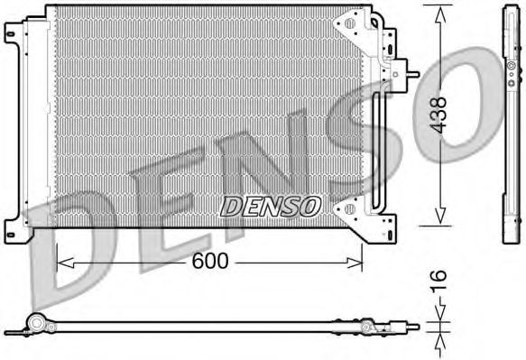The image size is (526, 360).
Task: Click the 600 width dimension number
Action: [x=208, y=262]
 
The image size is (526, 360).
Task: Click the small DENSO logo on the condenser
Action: [x=271, y=207]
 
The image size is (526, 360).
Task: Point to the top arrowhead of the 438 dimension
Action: [x=439, y=12]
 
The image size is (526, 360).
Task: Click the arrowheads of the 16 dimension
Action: [x=439, y=324]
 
